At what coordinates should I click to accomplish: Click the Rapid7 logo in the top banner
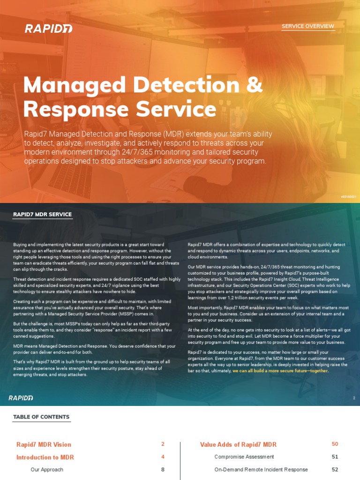(42, 29)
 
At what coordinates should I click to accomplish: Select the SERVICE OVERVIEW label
(308, 26)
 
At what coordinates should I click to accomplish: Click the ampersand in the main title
(254, 85)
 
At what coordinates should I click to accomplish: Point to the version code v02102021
(349, 197)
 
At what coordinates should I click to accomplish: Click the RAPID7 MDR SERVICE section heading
(43, 215)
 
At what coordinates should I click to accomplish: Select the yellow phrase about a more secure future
(280, 371)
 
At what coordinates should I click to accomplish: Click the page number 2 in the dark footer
(354, 398)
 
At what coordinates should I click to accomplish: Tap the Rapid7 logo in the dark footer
(21, 398)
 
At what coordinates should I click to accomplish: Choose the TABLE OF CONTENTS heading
(41, 417)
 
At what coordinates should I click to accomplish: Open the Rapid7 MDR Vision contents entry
(44, 444)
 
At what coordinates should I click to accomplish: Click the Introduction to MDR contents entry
(45, 457)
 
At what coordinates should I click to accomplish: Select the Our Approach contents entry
(47, 469)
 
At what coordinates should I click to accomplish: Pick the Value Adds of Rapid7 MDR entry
(238, 444)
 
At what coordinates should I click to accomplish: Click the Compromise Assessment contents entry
(244, 457)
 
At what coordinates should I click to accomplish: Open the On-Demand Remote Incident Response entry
(261, 469)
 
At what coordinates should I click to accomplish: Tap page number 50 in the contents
(335, 444)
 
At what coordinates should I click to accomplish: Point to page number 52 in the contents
(335, 469)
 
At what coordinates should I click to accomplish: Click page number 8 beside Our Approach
(163, 469)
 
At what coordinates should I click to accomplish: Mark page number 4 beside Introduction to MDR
(163, 457)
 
